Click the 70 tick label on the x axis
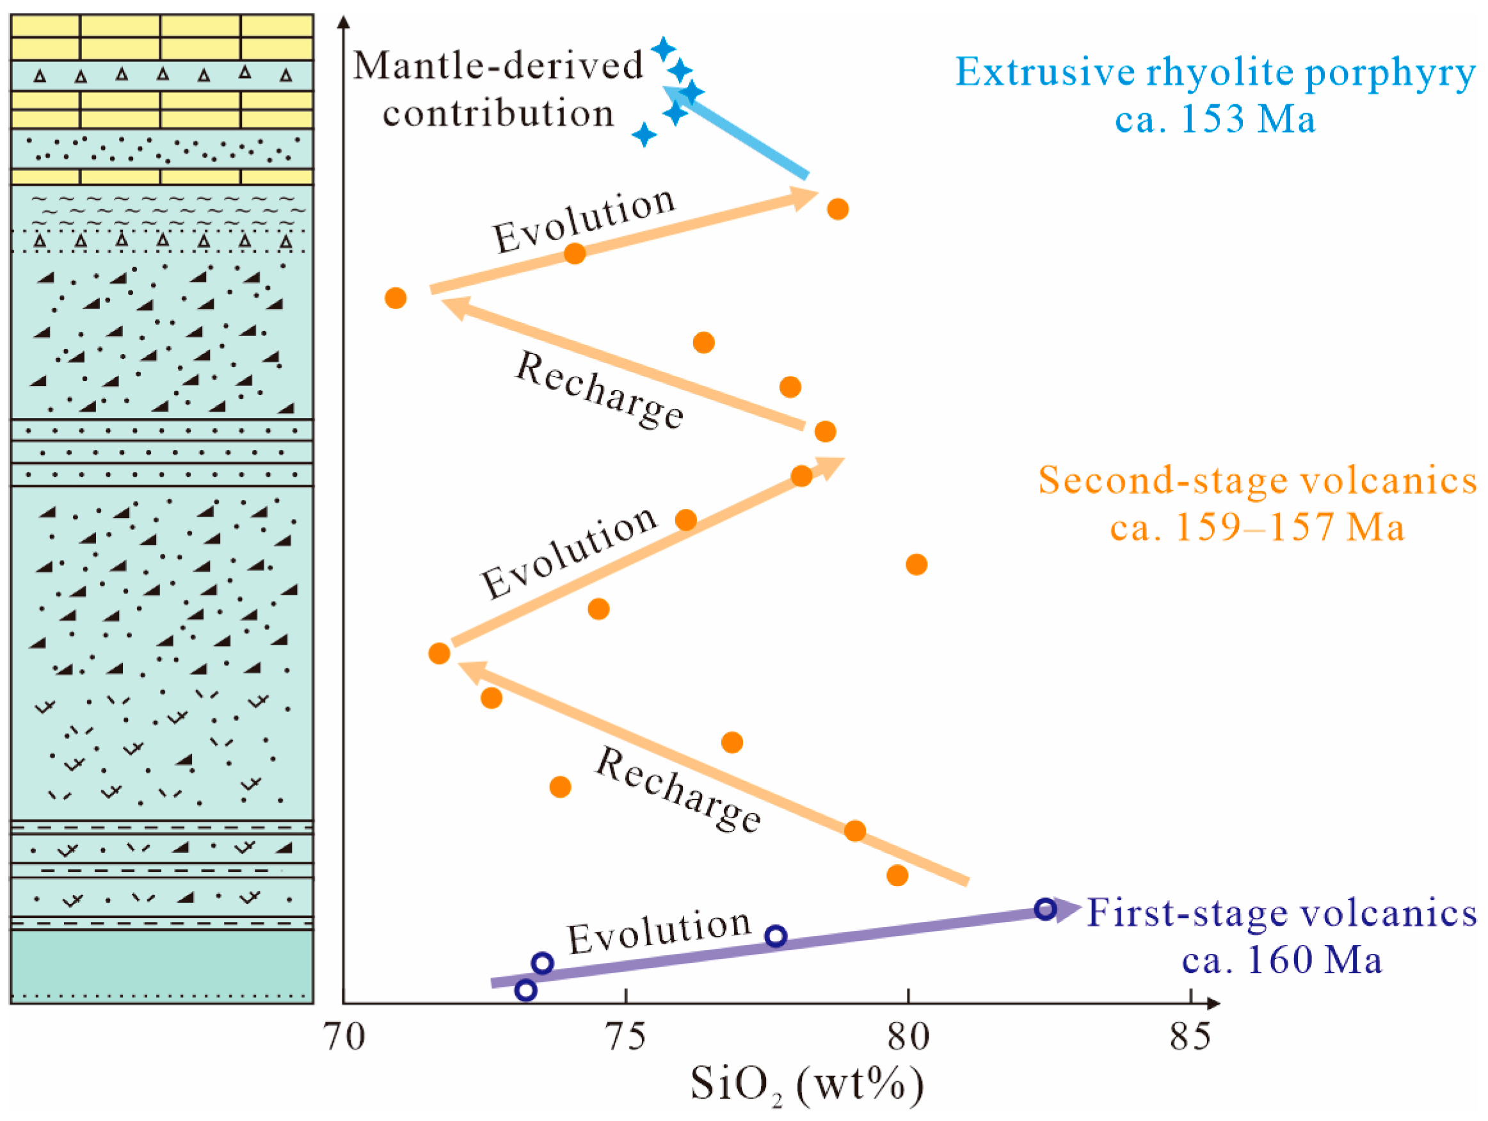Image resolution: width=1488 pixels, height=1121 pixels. (x=344, y=1037)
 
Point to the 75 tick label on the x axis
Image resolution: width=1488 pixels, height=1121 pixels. (x=626, y=1037)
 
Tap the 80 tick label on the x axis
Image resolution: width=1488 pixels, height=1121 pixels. (x=908, y=1037)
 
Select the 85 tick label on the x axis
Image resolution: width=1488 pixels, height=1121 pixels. (x=1190, y=1037)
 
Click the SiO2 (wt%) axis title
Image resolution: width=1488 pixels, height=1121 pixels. (x=806, y=1085)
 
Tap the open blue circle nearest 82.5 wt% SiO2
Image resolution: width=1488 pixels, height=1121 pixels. (x=1044, y=909)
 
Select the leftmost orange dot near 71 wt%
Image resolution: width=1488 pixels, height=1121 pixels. (x=396, y=298)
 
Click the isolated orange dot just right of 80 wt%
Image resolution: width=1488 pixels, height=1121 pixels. (x=916, y=565)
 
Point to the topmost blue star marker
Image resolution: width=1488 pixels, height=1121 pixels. (x=663, y=49)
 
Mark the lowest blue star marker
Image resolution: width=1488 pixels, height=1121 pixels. (x=644, y=134)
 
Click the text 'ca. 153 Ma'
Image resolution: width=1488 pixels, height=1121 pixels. (x=1215, y=120)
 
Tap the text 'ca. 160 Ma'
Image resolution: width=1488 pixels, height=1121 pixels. (x=1281, y=960)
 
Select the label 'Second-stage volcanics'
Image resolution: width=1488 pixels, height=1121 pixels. (x=1257, y=480)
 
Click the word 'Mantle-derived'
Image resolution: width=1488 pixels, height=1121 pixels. (x=499, y=66)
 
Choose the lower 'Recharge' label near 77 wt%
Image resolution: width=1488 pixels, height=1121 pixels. (x=678, y=790)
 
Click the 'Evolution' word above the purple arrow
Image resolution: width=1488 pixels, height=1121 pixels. (x=659, y=932)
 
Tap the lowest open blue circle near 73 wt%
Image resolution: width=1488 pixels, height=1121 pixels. (x=526, y=990)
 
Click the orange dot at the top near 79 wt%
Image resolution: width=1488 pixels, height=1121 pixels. (x=838, y=209)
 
